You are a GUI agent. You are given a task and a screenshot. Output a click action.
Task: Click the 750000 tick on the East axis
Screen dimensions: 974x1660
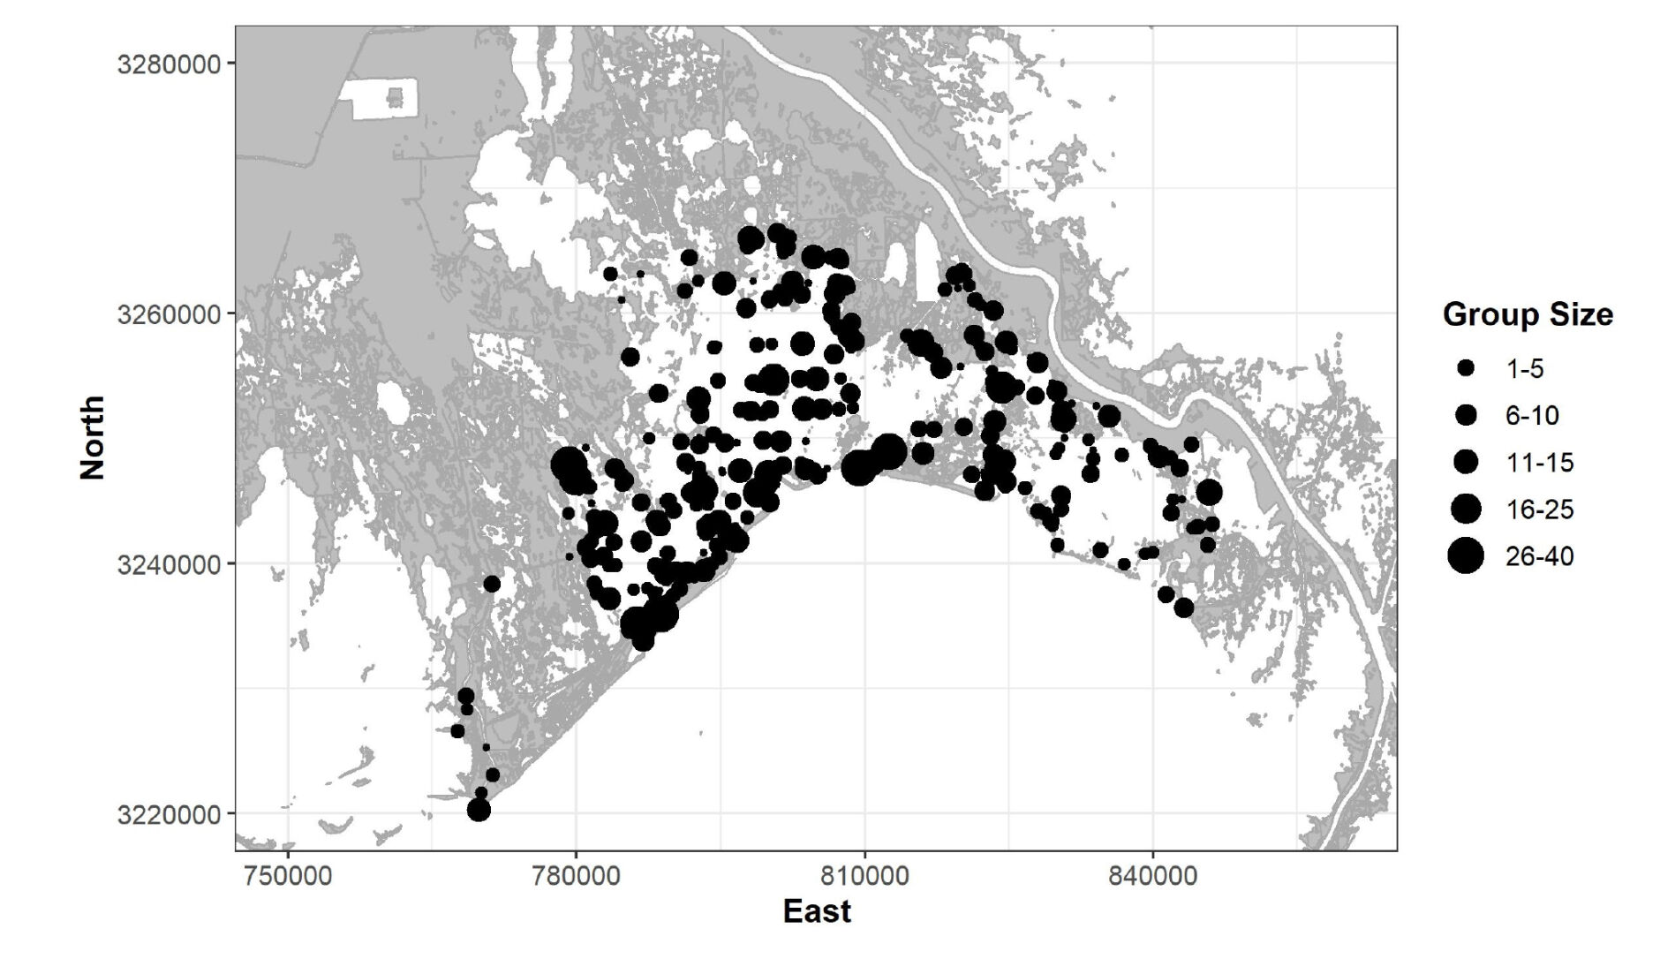288,877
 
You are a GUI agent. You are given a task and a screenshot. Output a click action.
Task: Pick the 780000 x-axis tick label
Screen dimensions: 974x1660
576,877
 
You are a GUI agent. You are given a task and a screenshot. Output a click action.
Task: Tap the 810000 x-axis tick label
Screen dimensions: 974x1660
864,877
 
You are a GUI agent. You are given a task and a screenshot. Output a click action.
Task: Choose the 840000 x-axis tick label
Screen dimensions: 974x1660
1153,877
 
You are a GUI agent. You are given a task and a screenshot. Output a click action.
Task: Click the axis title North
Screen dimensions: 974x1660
93,438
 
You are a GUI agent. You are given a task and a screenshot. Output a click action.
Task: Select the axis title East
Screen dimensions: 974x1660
817,911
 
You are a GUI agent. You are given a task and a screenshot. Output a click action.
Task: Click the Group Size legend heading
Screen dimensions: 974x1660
1528,314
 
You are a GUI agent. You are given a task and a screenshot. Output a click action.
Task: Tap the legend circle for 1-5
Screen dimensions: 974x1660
1467,368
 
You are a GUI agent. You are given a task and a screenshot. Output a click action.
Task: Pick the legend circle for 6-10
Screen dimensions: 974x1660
1467,415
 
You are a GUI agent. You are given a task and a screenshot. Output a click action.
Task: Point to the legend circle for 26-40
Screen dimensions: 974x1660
1467,556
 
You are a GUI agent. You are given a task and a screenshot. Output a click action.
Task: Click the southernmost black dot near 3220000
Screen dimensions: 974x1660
479,810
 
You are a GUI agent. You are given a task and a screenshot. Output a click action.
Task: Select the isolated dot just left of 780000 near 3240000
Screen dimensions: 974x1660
492,584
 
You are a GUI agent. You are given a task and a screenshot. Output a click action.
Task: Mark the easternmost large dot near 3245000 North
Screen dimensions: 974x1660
1209,493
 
